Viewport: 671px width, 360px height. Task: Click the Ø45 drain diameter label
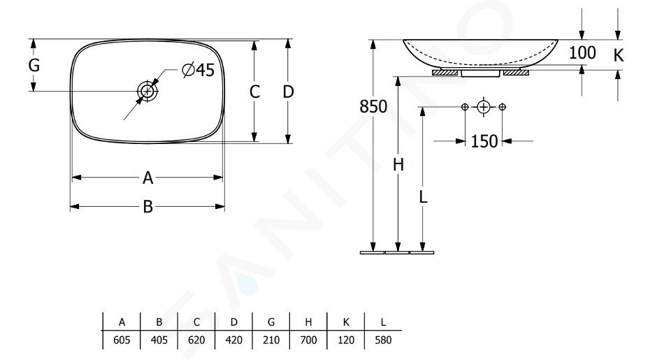pyautogui.click(x=198, y=70)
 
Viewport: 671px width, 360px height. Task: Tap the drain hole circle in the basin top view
pyautogui.click(x=147, y=91)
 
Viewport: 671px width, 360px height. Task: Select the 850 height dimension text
pyautogui.click(x=373, y=106)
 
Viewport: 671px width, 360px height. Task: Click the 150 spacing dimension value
pyautogui.click(x=484, y=141)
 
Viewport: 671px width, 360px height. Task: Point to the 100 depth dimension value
pyautogui.click(x=582, y=52)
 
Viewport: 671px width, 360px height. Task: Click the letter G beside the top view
pyautogui.click(x=34, y=66)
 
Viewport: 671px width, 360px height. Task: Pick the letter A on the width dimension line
pyautogui.click(x=147, y=178)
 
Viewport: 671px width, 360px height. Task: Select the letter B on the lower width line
pyautogui.click(x=147, y=207)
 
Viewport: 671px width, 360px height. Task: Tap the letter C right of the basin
pyautogui.click(x=254, y=92)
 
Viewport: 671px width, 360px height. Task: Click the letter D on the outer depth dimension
pyautogui.click(x=289, y=92)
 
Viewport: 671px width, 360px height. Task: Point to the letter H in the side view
pyautogui.click(x=398, y=164)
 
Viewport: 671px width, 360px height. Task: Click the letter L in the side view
pyautogui.click(x=423, y=197)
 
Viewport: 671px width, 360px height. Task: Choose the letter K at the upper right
pyautogui.click(x=619, y=55)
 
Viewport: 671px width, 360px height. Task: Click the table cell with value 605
pyautogui.click(x=122, y=340)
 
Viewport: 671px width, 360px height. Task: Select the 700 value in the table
pyautogui.click(x=308, y=340)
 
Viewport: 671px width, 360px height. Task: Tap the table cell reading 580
pyautogui.click(x=383, y=340)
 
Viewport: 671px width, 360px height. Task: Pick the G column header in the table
pyautogui.click(x=271, y=322)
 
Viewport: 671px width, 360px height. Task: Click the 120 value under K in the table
pyautogui.click(x=346, y=340)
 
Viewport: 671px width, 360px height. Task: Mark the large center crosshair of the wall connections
pyautogui.click(x=484, y=106)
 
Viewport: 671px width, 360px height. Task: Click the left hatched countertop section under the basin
pyautogui.click(x=445, y=73)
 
